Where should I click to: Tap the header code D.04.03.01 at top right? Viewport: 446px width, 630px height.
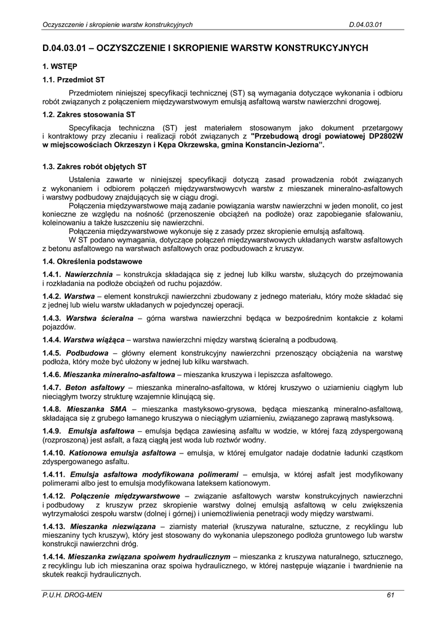(x=366, y=25)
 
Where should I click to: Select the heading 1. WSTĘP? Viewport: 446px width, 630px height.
(x=60, y=65)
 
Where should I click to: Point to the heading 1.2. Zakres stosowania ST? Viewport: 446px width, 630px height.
(x=89, y=114)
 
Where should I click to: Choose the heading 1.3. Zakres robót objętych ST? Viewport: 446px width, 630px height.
(x=95, y=166)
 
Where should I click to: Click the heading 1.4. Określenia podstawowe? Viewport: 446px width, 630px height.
(x=92, y=261)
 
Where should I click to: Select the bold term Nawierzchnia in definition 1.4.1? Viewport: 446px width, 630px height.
(x=89, y=273)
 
